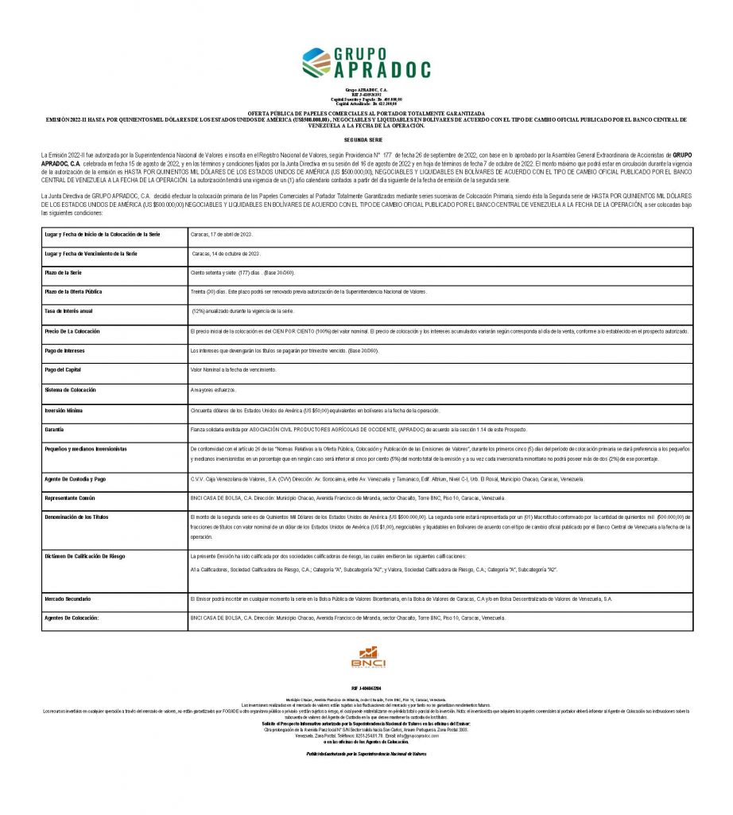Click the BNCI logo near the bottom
coord(367,657)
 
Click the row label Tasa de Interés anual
coord(69,310)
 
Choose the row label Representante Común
coord(72,497)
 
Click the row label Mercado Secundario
coord(68,598)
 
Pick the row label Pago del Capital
coord(63,370)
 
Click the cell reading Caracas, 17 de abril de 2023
coord(221,235)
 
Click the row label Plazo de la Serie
coord(64,273)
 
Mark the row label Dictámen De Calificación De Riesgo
coord(85,556)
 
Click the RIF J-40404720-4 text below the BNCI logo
coord(366,687)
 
